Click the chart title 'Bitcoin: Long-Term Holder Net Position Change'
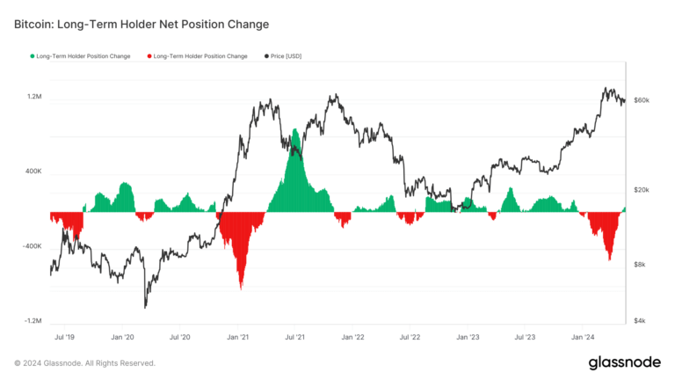click(142, 24)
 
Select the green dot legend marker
click(33, 56)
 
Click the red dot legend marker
click(148, 56)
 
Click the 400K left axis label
click(33, 172)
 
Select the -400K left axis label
click(33, 247)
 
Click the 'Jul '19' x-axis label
click(65, 337)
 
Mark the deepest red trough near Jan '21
click(240, 287)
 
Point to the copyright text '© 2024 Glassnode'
click(84, 363)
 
